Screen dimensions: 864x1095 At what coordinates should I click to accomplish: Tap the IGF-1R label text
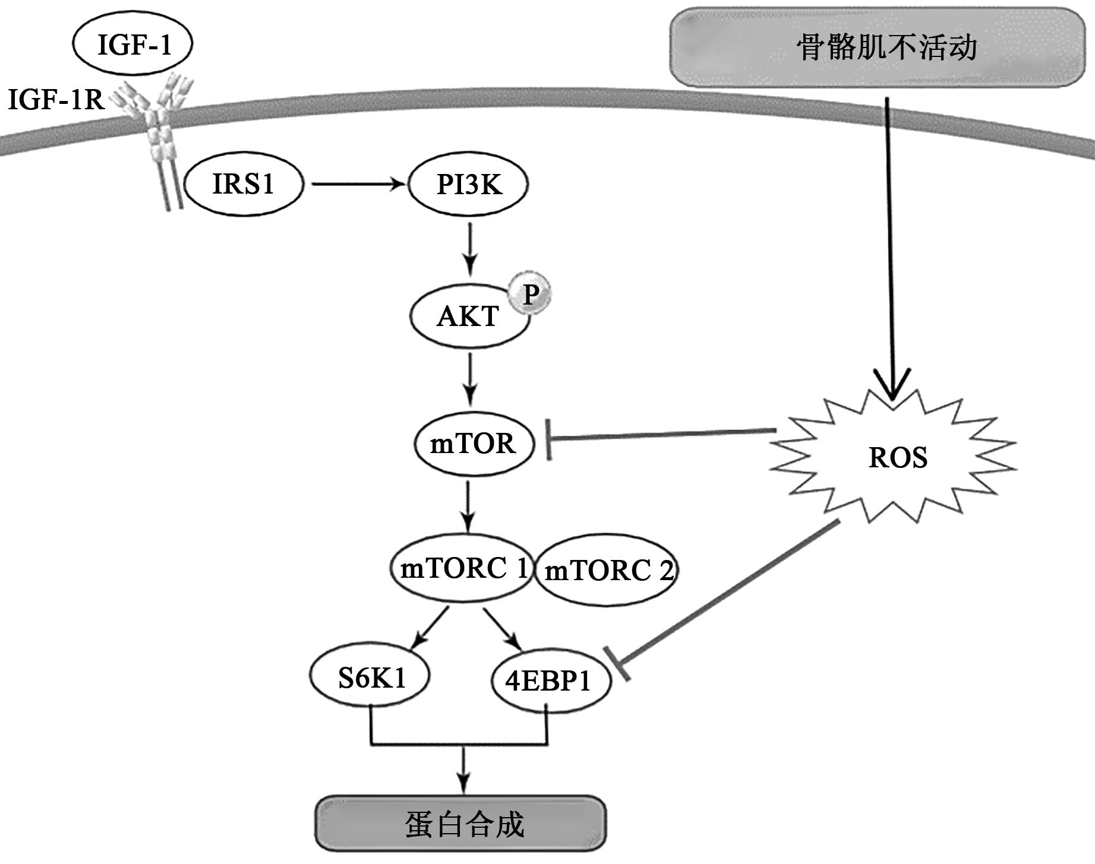pyautogui.click(x=56, y=100)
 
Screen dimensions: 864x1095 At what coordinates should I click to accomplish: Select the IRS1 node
pyautogui.click(x=244, y=184)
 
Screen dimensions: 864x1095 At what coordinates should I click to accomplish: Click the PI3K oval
pyautogui.click(x=468, y=184)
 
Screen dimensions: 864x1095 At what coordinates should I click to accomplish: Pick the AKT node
pyautogui.click(x=468, y=317)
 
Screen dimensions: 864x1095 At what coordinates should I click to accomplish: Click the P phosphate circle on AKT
pyautogui.click(x=531, y=293)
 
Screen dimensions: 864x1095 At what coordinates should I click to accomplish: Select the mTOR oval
pyautogui.click(x=474, y=444)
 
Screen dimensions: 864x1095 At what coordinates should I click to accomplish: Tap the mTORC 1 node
pyautogui.click(x=460, y=569)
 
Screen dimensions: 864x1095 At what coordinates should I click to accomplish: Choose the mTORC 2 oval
pyautogui.click(x=607, y=571)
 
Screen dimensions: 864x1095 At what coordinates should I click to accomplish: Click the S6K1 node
pyautogui.click(x=370, y=677)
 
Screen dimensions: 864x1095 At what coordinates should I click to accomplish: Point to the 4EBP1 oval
pyautogui.click(x=550, y=681)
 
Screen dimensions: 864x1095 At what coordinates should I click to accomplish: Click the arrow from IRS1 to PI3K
pyautogui.click(x=356, y=184)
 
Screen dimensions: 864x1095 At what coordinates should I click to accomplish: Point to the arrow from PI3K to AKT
pyautogui.click(x=470, y=248)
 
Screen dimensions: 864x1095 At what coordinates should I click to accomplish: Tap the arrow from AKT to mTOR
pyautogui.click(x=470, y=378)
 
